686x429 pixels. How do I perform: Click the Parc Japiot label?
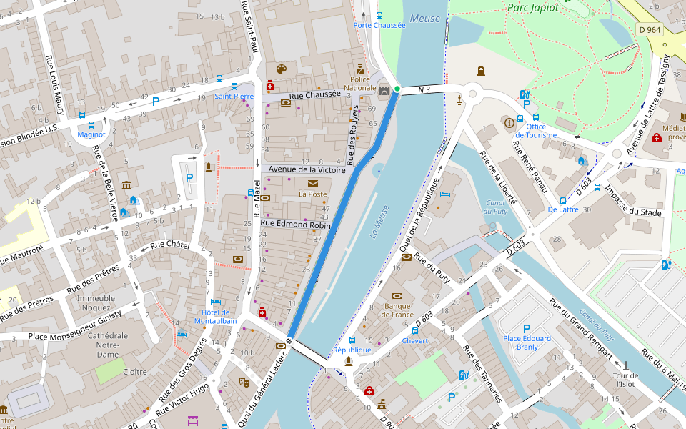pos(532,7)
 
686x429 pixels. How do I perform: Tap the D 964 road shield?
pos(649,30)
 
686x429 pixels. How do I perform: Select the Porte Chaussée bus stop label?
pos(379,25)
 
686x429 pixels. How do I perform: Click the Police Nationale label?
pos(360,84)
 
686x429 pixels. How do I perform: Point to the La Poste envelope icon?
pos(312,184)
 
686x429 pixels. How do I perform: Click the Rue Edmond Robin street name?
pos(296,224)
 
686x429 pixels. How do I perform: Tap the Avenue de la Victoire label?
pos(307,169)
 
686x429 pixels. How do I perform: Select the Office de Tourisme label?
pos(536,131)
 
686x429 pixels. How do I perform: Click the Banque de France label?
pos(397,311)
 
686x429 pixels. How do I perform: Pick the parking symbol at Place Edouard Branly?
pos(527,327)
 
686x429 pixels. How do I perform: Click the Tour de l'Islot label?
pos(625,380)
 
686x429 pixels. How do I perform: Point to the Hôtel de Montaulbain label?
pos(216,317)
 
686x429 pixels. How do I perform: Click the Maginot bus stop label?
pos(91,134)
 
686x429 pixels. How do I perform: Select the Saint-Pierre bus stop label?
pos(234,96)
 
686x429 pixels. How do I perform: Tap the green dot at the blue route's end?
pos(397,89)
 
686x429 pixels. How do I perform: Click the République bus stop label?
pos(352,350)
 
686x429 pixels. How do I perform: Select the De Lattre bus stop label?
pos(563,210)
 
